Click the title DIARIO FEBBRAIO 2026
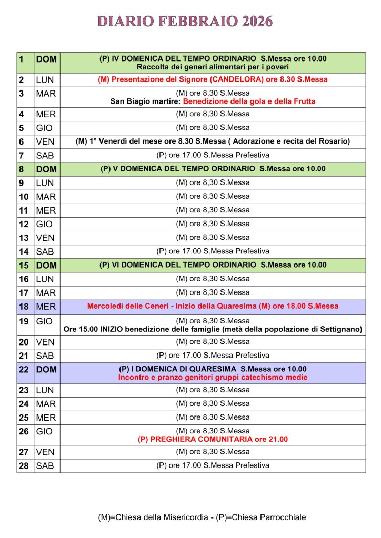pyautogui.click(x=185, y=22)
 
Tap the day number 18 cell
pyautogui.click(x=24, y=307)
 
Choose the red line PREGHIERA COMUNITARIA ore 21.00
pyautogui.click(x=213, y=439)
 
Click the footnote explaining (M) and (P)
pyautogui.click(x=202, y=517)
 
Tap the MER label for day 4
pyautogui.click(x=46, y=115)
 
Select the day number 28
pyautogui.click(x=24, y=466)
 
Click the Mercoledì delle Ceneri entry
pyautogui.click(x=213, y=306)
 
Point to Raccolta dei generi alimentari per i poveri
pyautogui.click(x=213, y=67)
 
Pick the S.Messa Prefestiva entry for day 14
pyautogui.click(x=213, y=251)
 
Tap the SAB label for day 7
pyautogui.click(x=45, y=156)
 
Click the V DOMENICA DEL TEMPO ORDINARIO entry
pyautogui.click(x=213, y=169)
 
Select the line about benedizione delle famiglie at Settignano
pyautogui.click(x=213, y=330)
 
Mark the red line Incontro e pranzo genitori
pyautogui.click(x=213, y=378)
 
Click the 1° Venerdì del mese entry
pyautogui.click(x=213, y=141)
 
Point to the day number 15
pyautogui.click(x=24, y=266)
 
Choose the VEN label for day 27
pyautogui.click(x=45, y=452)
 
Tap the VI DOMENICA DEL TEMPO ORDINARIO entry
pyautogui.click(x=213, y=265)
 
